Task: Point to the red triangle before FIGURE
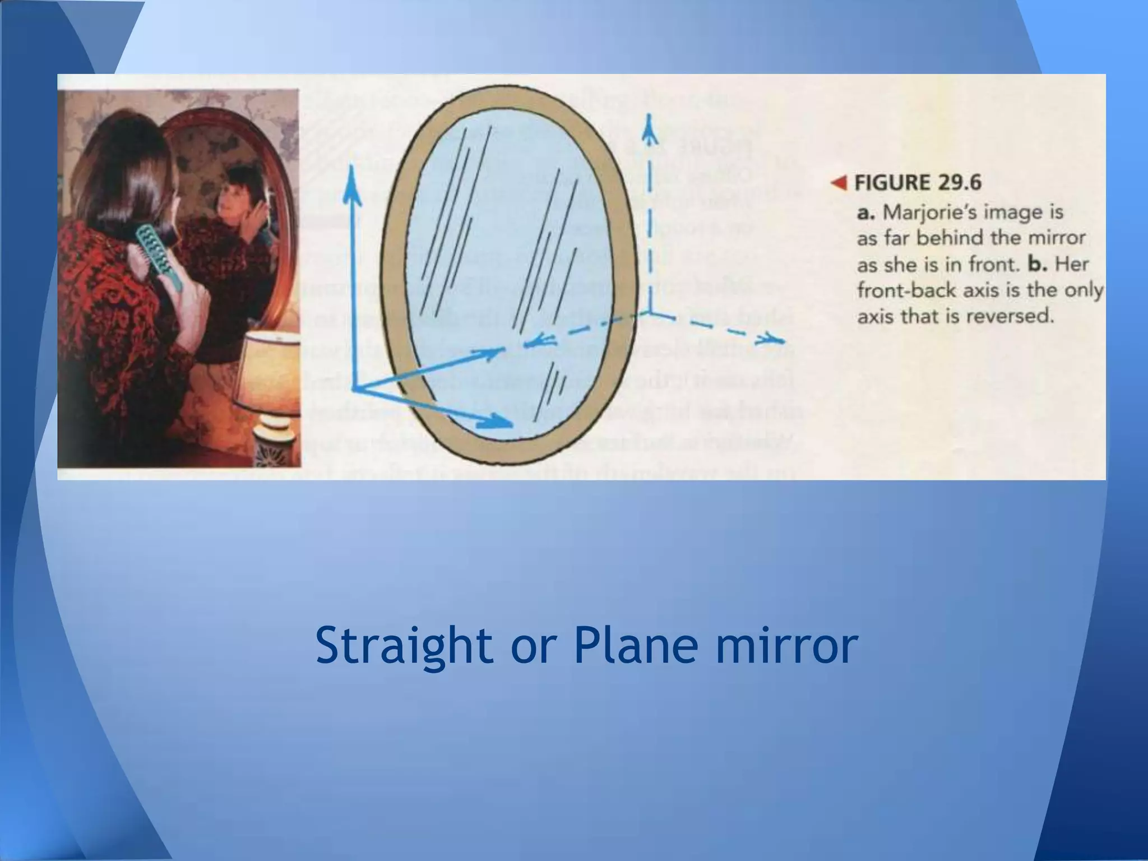(839, 183)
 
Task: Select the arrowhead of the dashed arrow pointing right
(776, 340)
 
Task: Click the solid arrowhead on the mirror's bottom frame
(500, 420)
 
